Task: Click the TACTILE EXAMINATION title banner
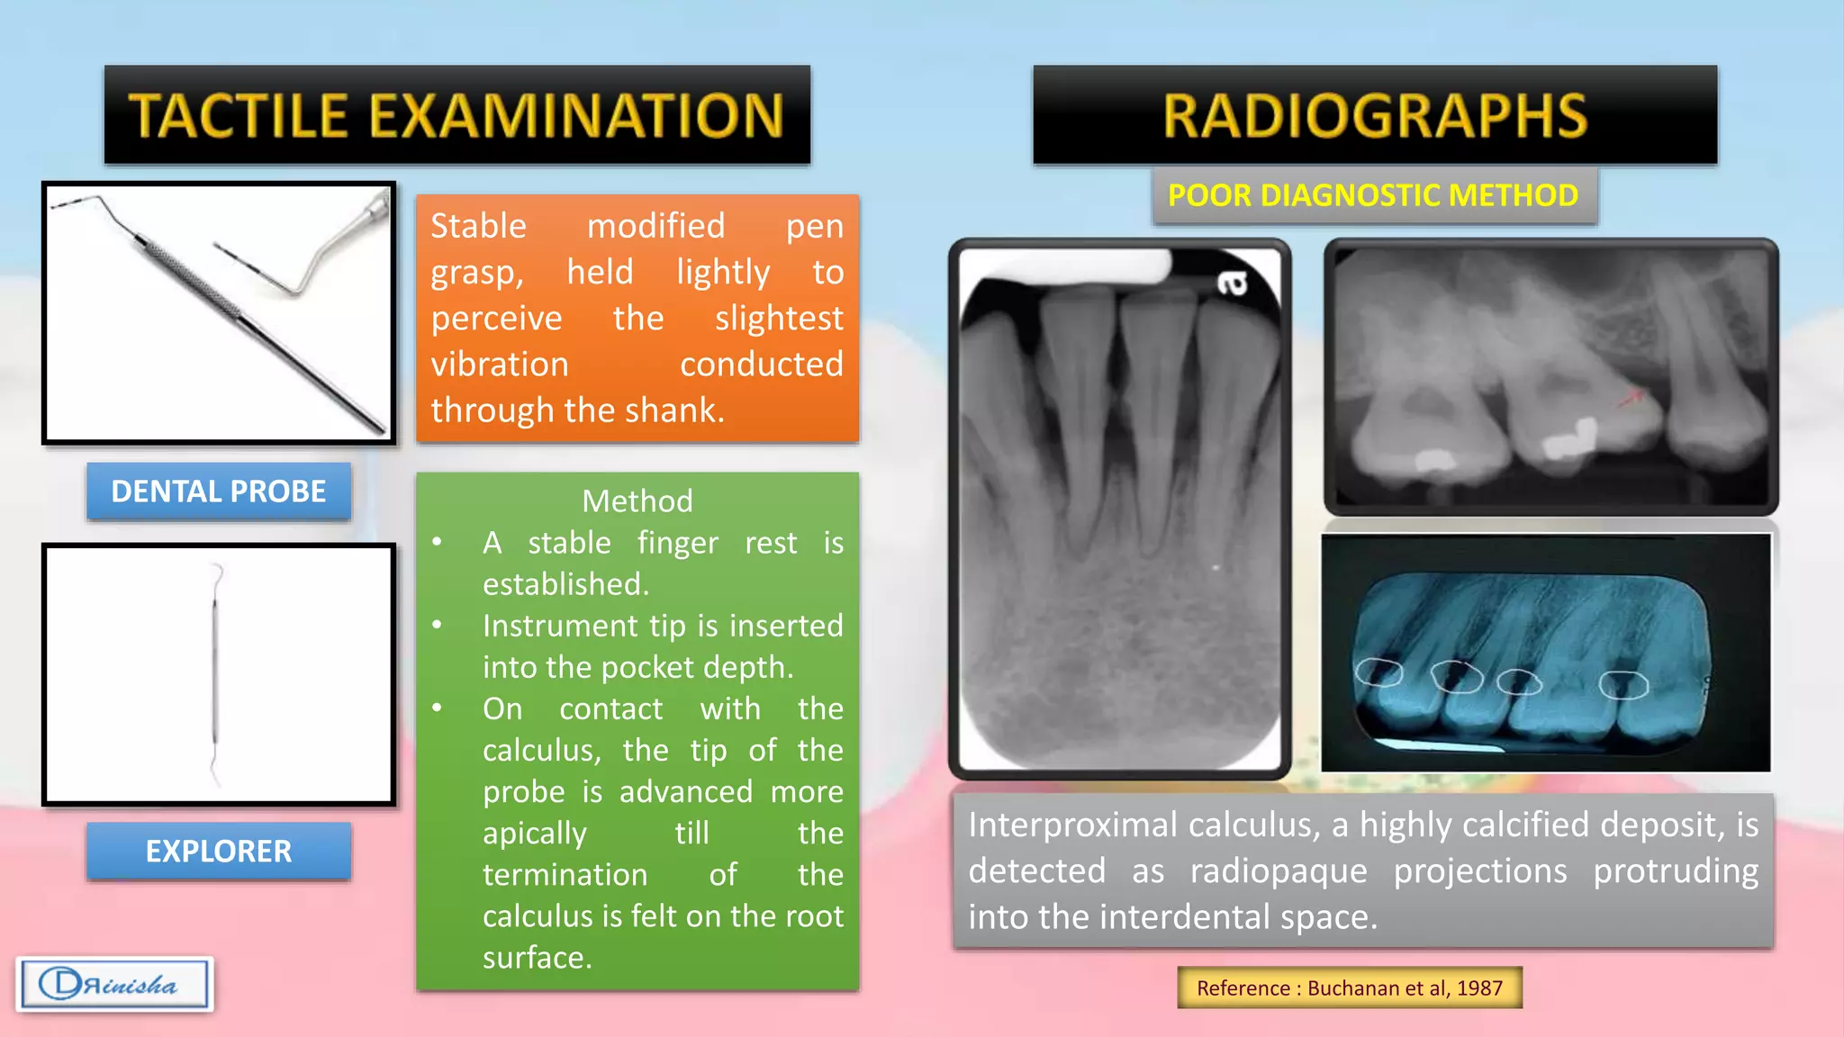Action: [x=456, y=115]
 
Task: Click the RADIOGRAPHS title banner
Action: [x=1374, y=115]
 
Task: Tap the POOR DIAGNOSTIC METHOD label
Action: [x=1373, y=195]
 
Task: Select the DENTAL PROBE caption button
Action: [x=219, y=491]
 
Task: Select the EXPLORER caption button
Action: [x=219, y=851]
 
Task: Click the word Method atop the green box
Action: [x=637, y=500]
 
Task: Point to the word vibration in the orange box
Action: [x=500, y=365]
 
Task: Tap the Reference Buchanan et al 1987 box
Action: [x=1349, y=987]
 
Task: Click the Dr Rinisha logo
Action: [x=114, y=984]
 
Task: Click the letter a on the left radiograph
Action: [x=1233, y=284]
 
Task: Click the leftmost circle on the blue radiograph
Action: [x=1378, y=672]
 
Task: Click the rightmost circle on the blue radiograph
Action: [x=1623, y=685]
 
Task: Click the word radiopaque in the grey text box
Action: [x=1279, y=870]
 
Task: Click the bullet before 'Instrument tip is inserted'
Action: [x=437, y=625]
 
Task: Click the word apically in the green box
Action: [x=534, y=833]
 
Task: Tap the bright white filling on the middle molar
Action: [x=1568, y=440]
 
